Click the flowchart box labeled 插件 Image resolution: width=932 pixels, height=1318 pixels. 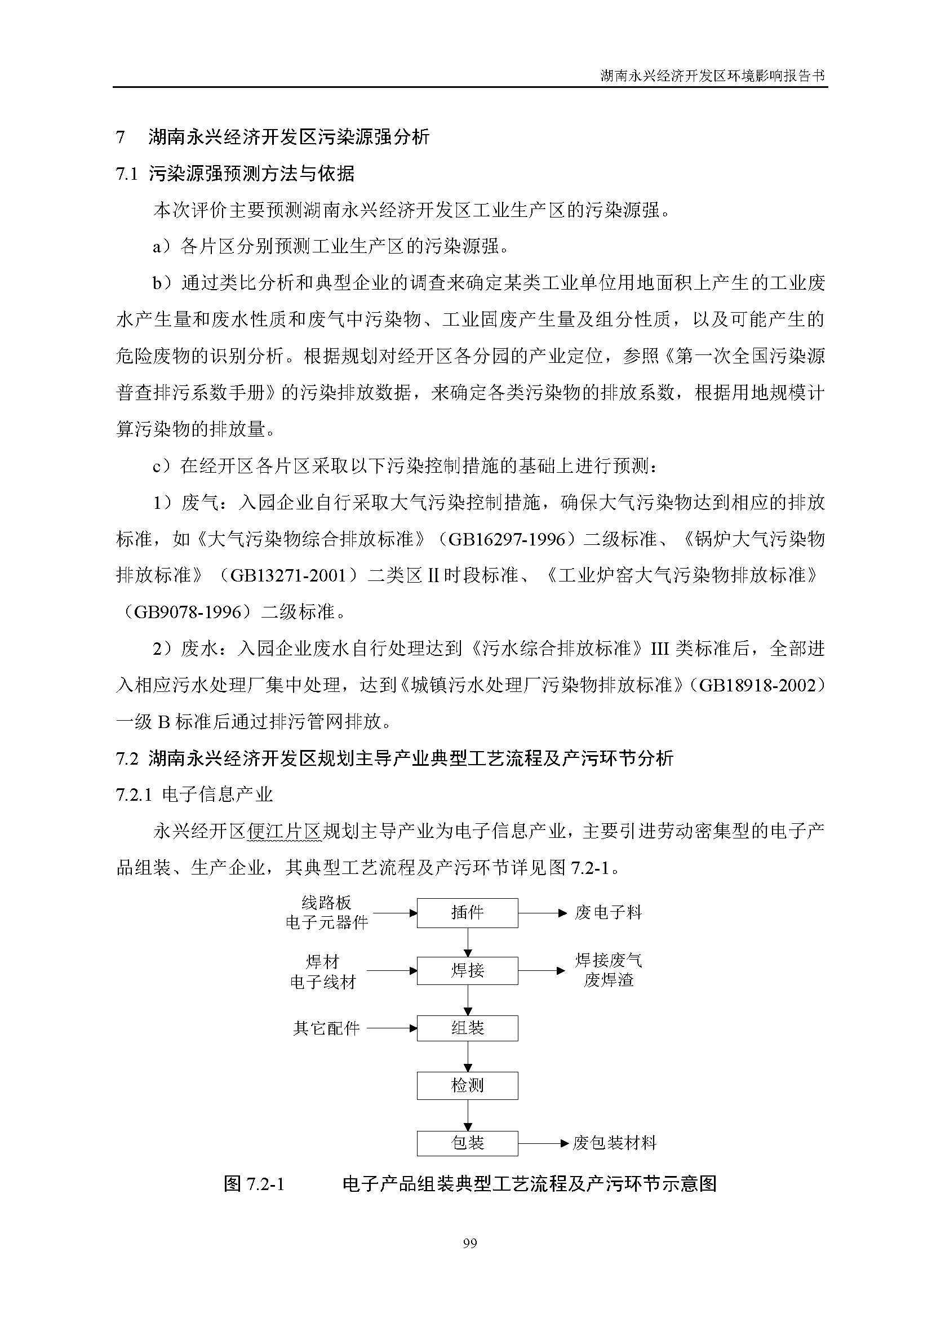(x=467, y=913)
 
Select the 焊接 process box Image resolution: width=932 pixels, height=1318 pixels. (x=467, y=971)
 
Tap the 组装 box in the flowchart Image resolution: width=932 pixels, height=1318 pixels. (x=467, y=1028)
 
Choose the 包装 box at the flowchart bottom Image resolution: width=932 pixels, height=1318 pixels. (x=467, y=1143)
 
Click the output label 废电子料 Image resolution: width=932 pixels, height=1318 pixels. (x=609, y=913)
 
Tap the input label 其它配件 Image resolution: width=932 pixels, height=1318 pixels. (x=326, y=1028)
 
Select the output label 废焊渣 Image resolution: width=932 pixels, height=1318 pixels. (x=609, y=980)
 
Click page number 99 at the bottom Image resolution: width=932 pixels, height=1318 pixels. (x=469, y=1244)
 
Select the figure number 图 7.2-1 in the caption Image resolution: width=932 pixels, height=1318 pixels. (x=254, y=1184)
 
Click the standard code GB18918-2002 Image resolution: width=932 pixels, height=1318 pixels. (x=757, y=685)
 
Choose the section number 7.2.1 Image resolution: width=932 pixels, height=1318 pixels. (x=134, y=795)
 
